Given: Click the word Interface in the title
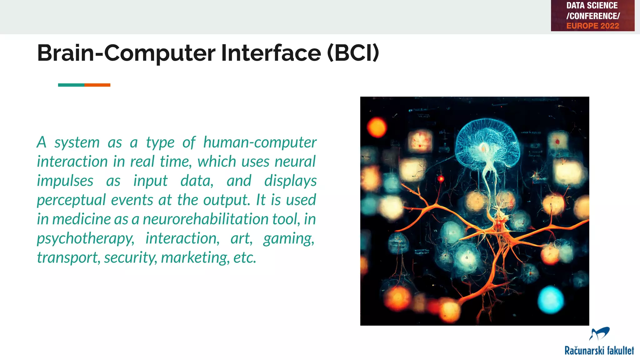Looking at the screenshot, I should [271, 53].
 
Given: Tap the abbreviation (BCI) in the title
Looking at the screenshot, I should [353, 53].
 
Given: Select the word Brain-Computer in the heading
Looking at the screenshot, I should [126, 53].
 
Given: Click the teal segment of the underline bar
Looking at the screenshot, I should [71, 85].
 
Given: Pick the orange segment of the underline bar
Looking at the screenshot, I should [97, 85].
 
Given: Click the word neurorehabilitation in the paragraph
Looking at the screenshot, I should [205, 219].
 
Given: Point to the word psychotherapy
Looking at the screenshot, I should [85, 239].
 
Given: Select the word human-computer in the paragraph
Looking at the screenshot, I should [260, 142].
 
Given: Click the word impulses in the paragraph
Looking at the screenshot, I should [65, 181].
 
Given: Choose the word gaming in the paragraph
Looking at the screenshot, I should [288, 239].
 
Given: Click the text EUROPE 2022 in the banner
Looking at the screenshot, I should [592, 26].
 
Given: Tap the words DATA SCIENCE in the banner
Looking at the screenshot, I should [592, 6].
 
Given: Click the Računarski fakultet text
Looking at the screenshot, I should [599, 351].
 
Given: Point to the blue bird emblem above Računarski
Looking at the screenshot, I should [599, 334].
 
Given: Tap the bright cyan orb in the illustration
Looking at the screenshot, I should [550, 300].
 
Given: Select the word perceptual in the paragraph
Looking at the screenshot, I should [72, 200].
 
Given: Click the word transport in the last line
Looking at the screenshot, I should [68, 258].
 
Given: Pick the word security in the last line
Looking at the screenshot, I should [130, 258].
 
